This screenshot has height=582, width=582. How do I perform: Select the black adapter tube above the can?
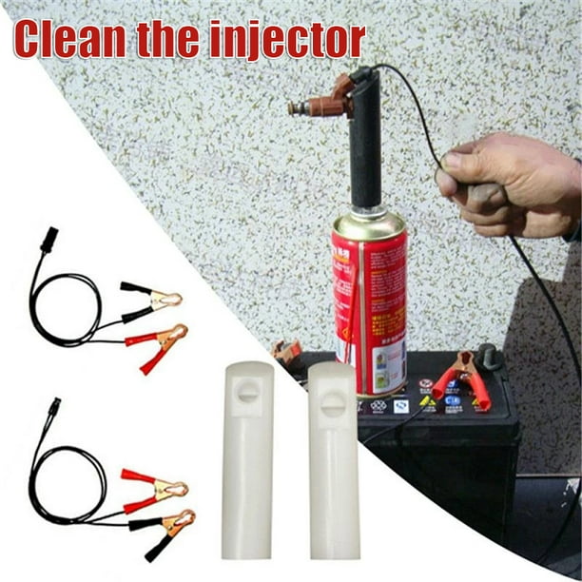[365, 147]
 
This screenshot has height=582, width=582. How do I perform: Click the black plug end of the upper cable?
[48, 237]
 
